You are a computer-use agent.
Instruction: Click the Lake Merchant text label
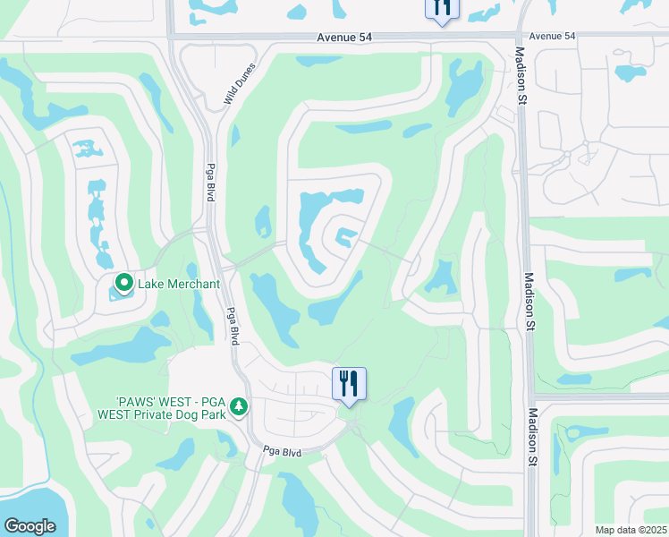pos(178,285)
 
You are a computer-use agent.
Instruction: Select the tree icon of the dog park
pos(238,407)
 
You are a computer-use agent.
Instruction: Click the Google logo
pos(30,526)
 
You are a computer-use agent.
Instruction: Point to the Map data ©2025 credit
pos(630,530)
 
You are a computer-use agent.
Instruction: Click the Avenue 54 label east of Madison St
pos(553,36)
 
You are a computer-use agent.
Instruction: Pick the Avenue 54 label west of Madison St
pos(343,37)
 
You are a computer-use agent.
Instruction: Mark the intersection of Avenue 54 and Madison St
pos(520,37)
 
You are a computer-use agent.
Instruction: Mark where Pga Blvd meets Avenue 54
pos(170,37)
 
